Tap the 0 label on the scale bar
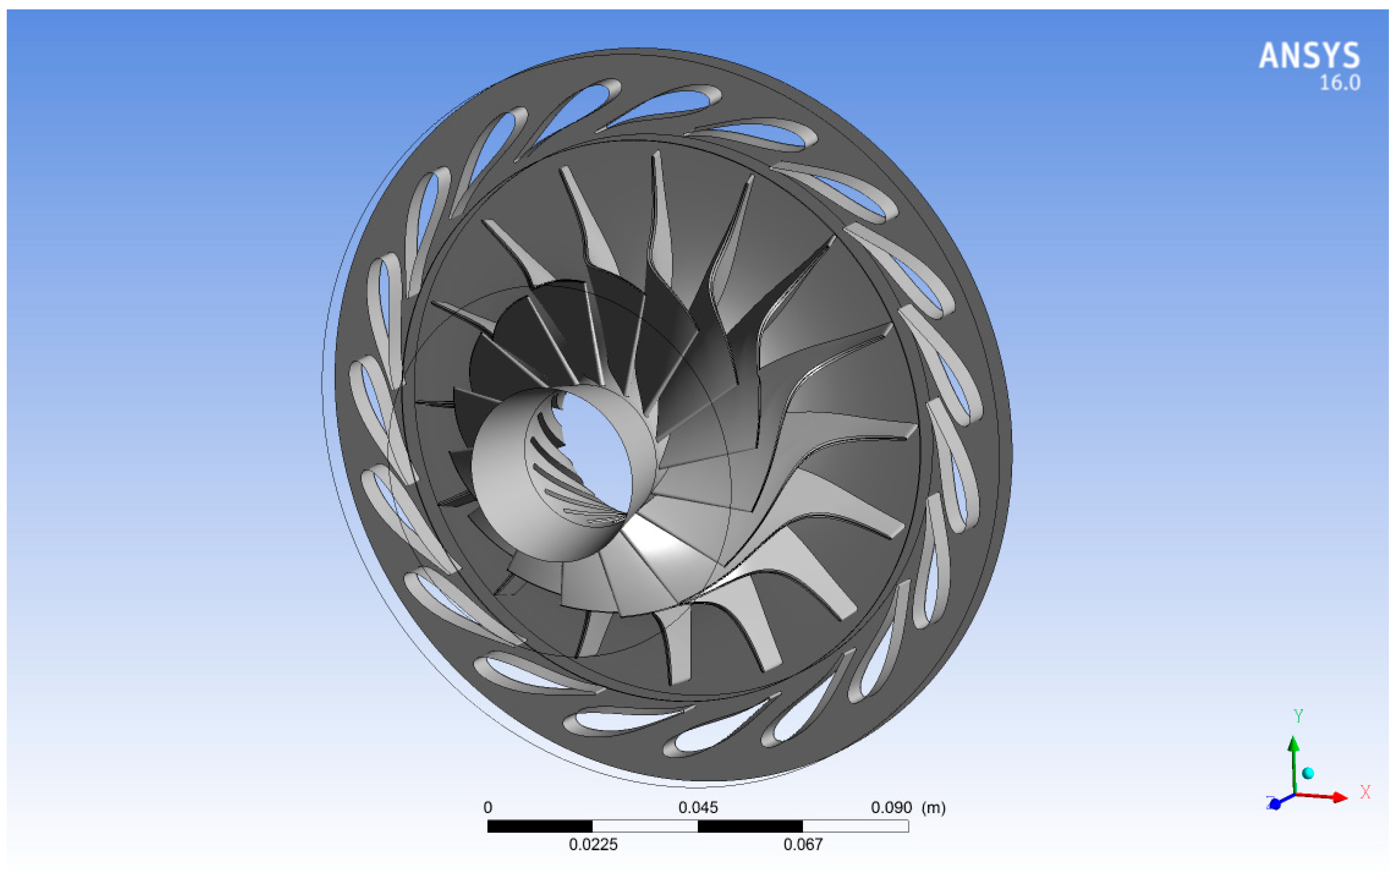coord(488,808)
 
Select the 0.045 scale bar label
coord(698,808)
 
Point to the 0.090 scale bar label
coord(891,808)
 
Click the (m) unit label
coord(933,808)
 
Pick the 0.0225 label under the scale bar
coord(593,844)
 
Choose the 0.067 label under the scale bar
coord(803,844)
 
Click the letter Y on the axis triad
coord(1298,716)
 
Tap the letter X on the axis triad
coord(1365,792)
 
